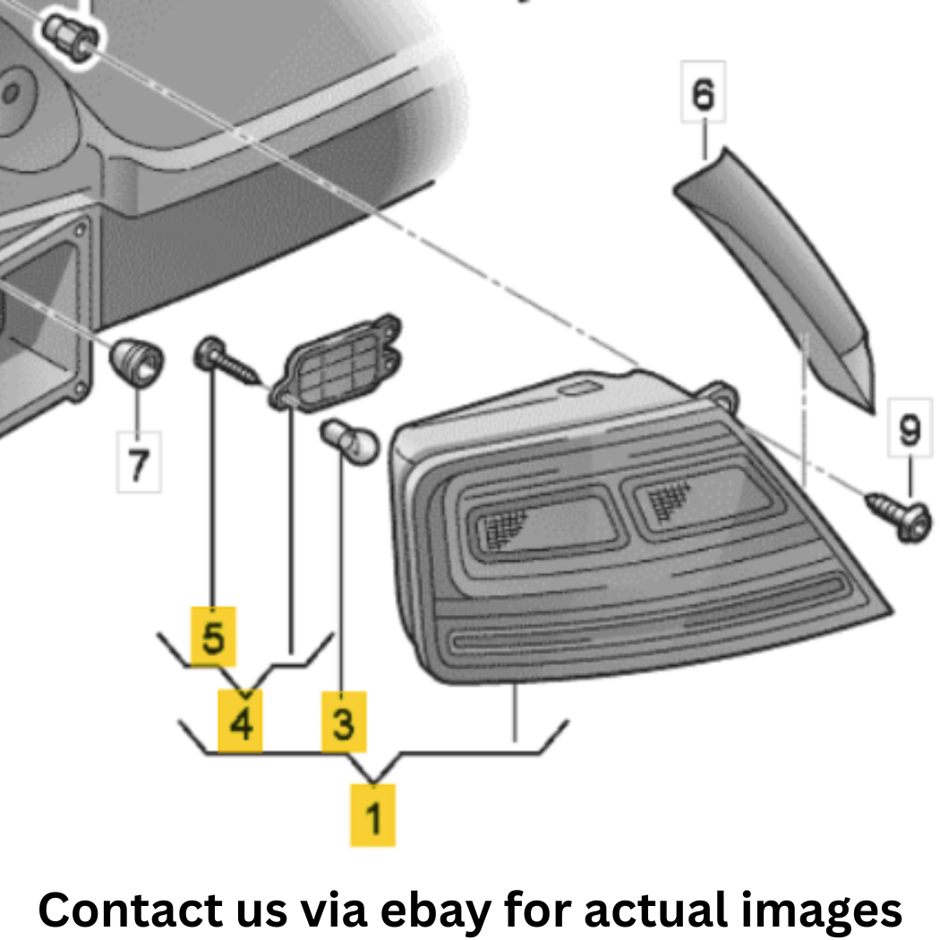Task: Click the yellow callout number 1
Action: [373, 816]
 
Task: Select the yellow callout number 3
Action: [344, 722]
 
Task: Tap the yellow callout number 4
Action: [240, 721]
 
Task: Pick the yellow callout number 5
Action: [213, 636]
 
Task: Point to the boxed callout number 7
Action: [139, 462]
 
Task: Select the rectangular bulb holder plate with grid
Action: [336, 363]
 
